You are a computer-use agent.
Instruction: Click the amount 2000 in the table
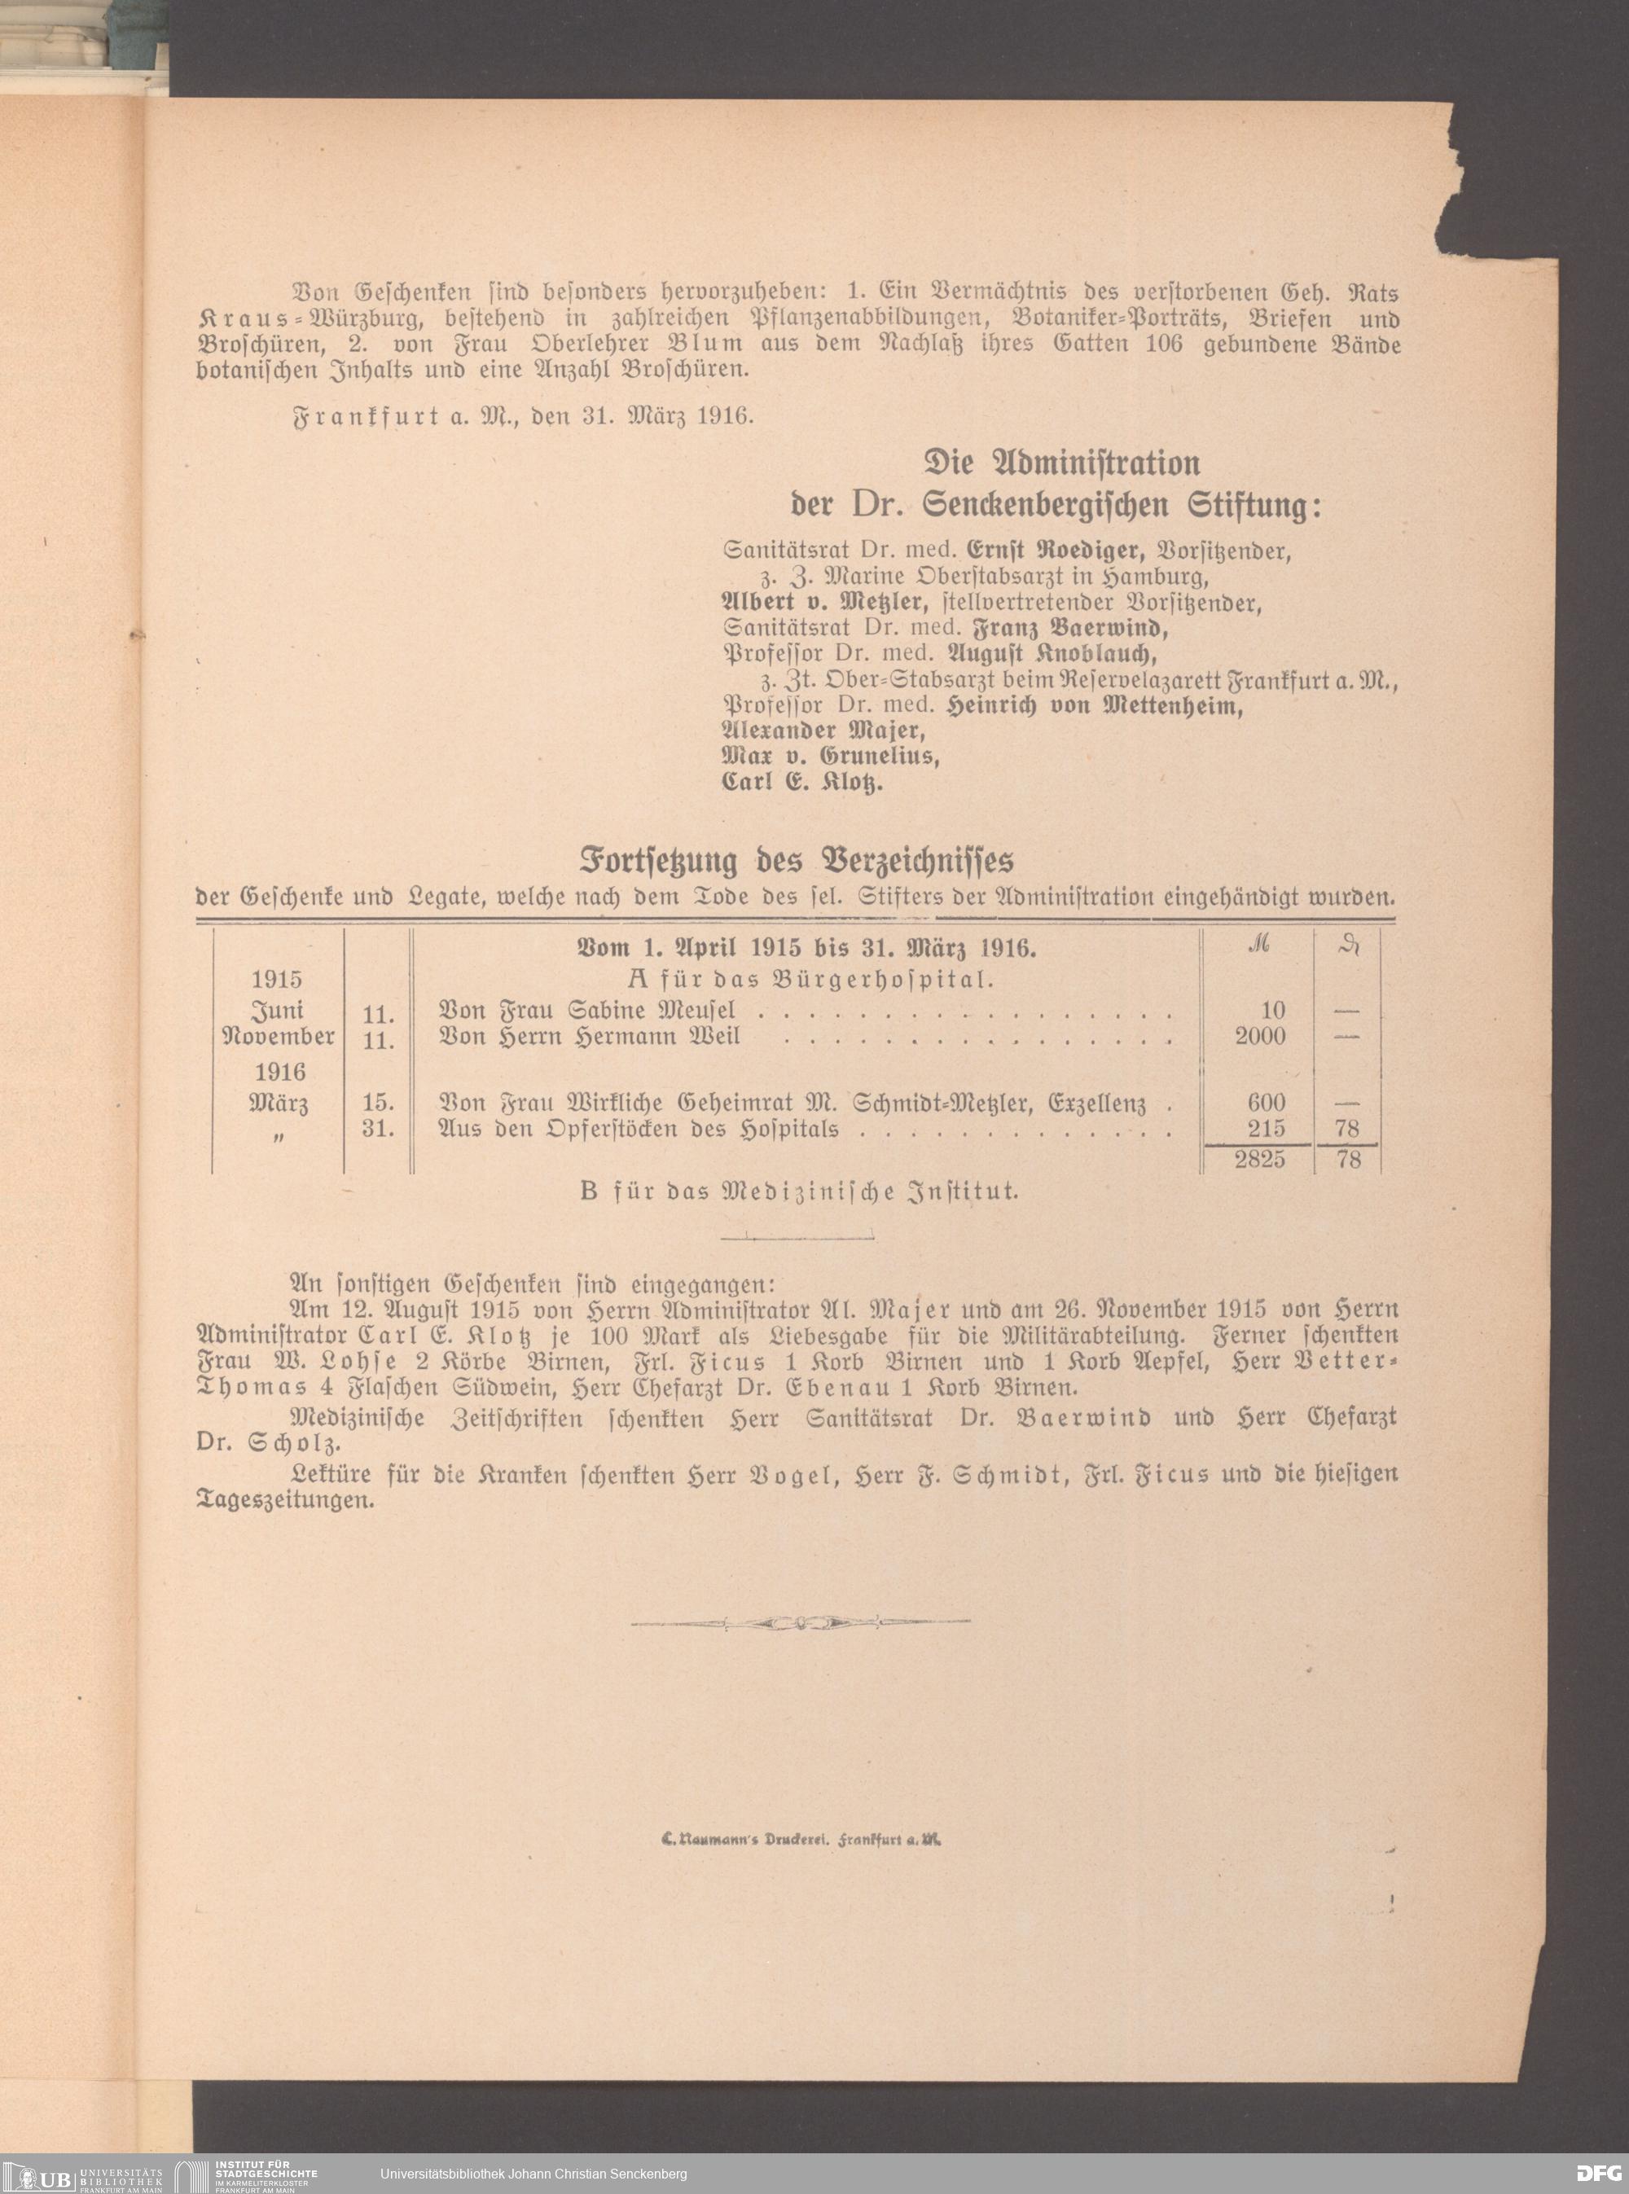click(1259, 1037)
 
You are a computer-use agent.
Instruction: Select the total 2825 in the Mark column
click(1259, 1160)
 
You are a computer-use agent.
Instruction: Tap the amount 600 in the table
click(1266, 1103)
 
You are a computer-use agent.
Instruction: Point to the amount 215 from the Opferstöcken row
click(1266, 1128)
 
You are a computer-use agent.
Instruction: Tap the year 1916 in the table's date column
click(279, 1072)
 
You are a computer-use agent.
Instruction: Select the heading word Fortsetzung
click(658, 861)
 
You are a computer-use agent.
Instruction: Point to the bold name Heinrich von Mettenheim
click(1094, 706)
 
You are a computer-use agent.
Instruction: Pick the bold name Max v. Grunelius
click(830, 757)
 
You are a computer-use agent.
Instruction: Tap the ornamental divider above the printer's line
click(801, 1621)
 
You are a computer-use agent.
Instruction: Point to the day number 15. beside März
click(379, 1103)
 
